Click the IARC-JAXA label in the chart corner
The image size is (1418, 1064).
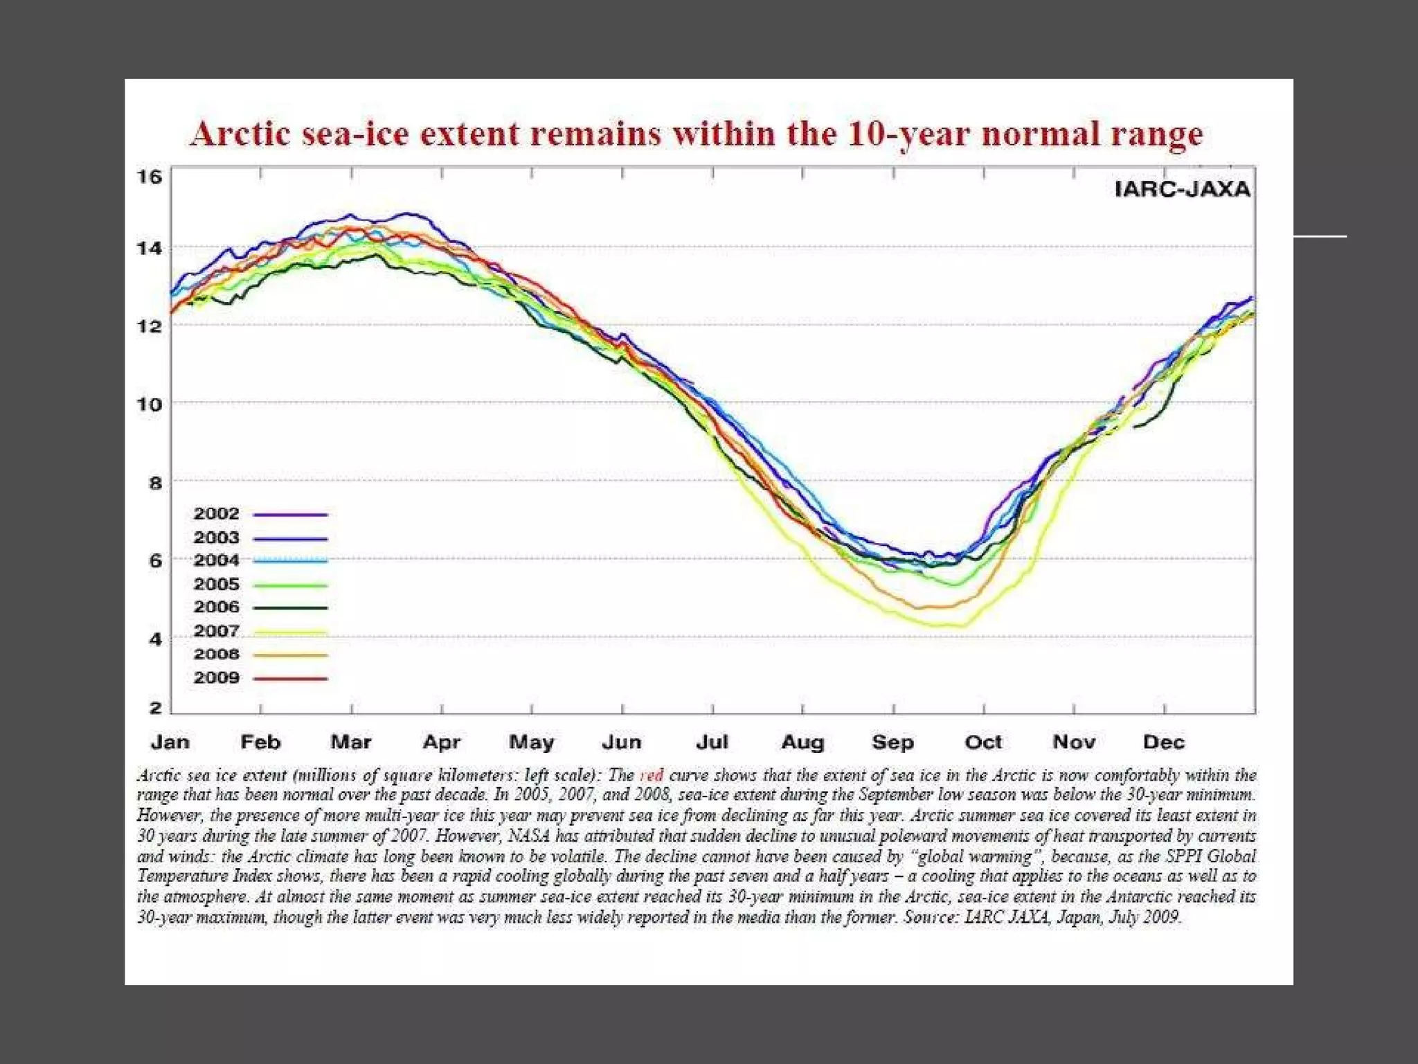click(1182, 189)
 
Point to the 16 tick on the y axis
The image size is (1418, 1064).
click(149, 177)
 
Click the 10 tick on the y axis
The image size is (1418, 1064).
click(149, 404)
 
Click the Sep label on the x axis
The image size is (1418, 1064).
click(892, 743)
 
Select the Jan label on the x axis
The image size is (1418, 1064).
click(170, 743)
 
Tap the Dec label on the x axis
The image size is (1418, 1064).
click(1163, 743)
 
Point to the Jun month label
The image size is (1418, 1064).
click(621, 743)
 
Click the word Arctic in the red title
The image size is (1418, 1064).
click(240, 134)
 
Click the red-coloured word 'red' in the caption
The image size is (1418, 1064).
click(652, 775)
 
